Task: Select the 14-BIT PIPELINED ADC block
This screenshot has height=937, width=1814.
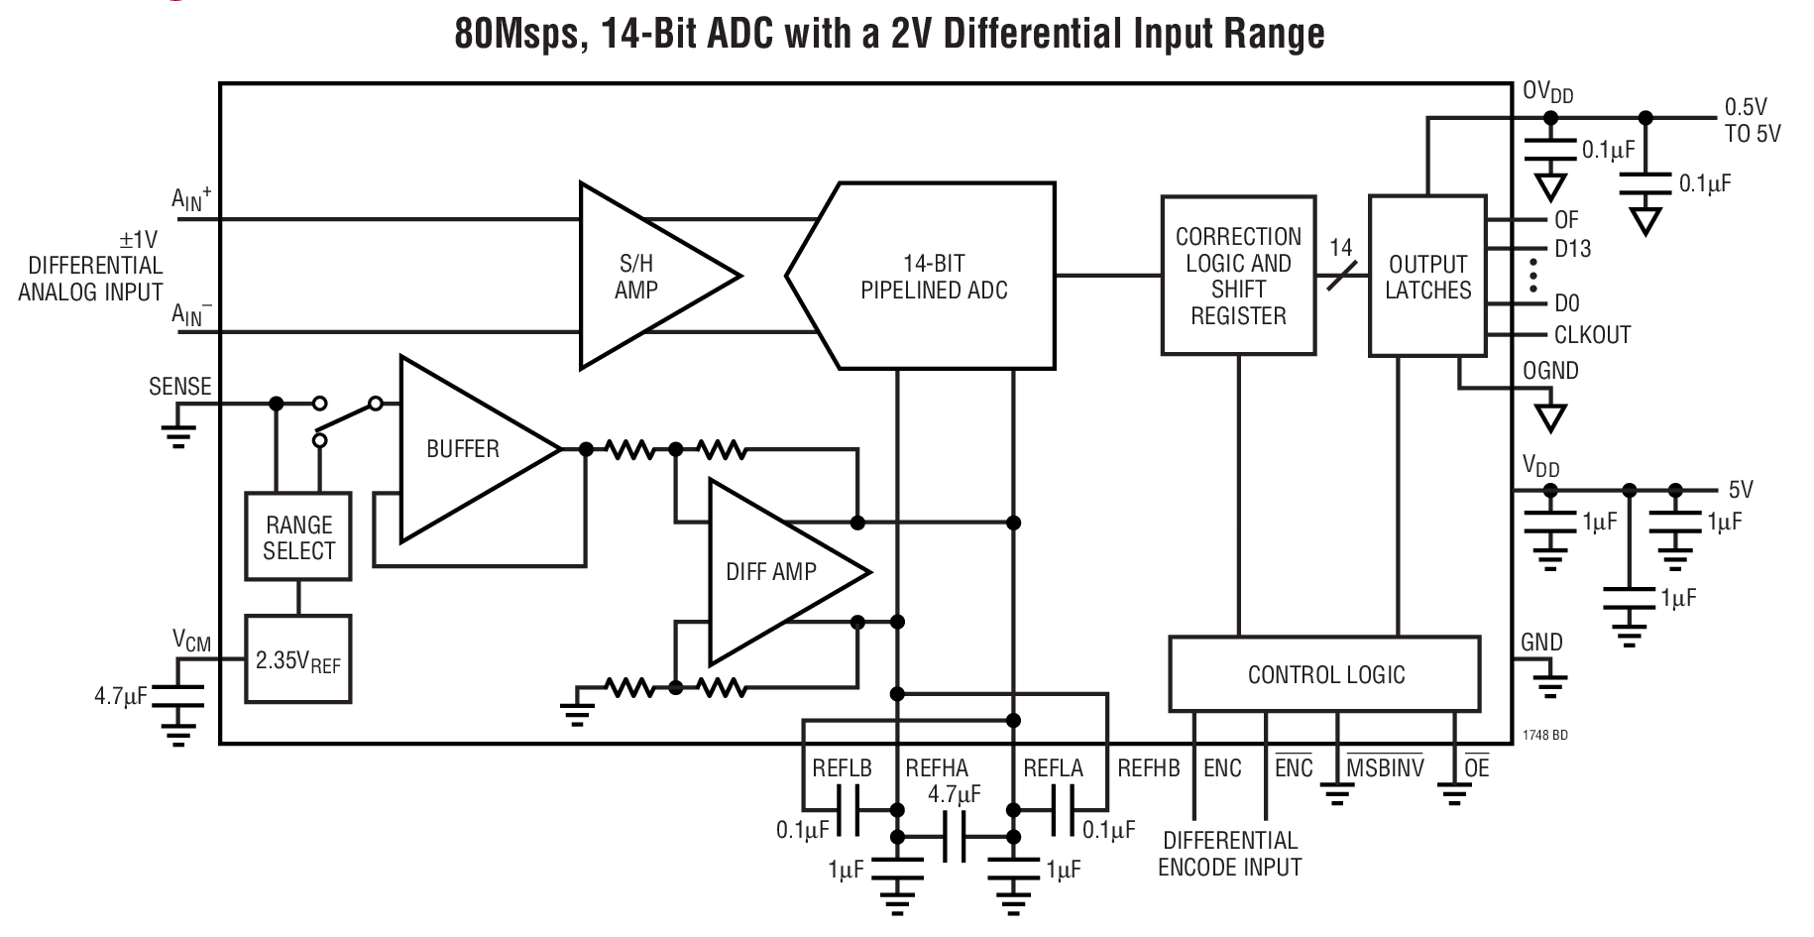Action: click(933, 277)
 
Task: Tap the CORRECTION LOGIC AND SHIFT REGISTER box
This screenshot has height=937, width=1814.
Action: click(1238, 276)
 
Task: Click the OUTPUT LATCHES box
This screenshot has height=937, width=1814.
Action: click(1427, 277)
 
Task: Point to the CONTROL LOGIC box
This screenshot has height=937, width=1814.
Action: click(1325, 674)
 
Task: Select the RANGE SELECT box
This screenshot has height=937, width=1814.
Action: click(298, 537)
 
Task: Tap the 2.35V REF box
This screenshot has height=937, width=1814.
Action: click(297, 660)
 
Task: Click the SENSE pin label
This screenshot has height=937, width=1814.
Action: click(179, 387)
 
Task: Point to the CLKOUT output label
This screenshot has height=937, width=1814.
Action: click(1592, 335)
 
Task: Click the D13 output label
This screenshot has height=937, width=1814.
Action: click(1572, 249)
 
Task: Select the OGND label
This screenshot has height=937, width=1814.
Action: click(1550, 371)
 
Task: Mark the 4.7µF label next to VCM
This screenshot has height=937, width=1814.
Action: click(121, 696)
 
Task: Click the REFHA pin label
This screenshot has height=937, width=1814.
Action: click(936, 768)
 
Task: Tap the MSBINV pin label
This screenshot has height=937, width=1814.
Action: click(1385, 768)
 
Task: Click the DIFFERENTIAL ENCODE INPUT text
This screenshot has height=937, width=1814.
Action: click(1229, 854)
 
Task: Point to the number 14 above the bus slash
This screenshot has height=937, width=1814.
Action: click(1340, 247)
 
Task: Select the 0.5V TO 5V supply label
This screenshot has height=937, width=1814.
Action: click(1752, 121)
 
